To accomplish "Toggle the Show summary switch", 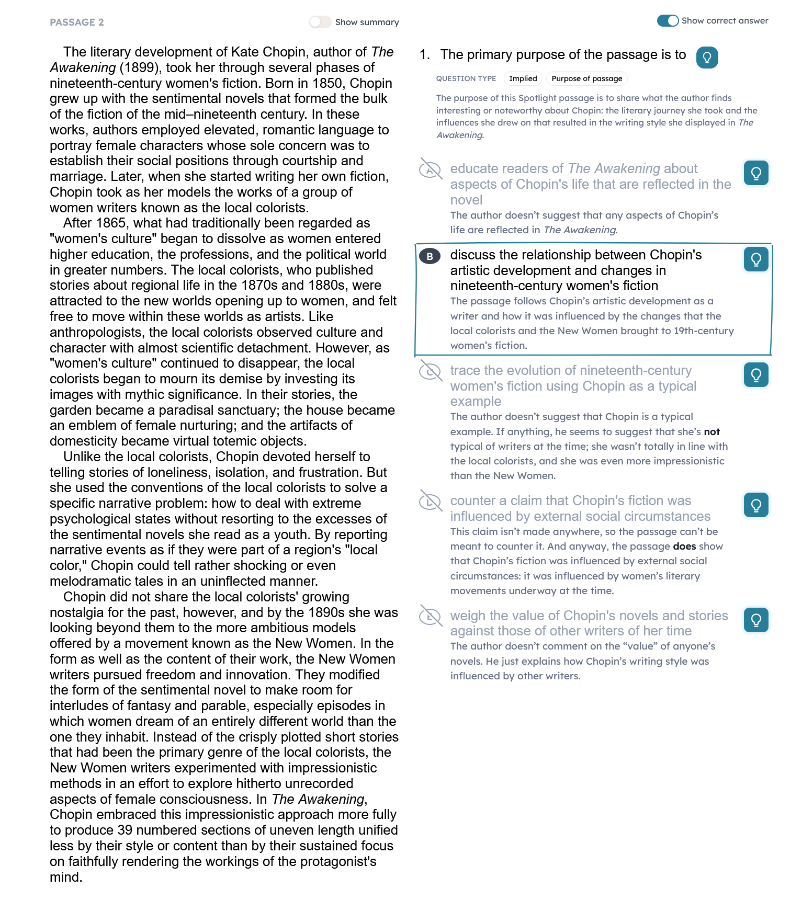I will coord(320,22).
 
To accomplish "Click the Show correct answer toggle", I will coord(668,20).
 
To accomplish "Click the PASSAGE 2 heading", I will coord(77,22).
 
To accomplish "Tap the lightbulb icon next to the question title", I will coord(707,57).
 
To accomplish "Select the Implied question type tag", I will coord(523,78).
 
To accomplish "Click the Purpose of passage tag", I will coord(586,78).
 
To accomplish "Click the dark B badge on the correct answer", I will coord(430,256).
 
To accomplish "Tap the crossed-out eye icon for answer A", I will coord(431,169).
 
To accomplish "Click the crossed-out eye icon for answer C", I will coord(431,371).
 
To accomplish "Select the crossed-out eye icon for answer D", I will coord(431,502).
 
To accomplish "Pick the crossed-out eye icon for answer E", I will coord(431,616).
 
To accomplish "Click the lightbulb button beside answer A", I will coord(756,173).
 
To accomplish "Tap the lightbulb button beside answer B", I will coord(756,259).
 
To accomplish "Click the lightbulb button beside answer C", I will coord(756,374).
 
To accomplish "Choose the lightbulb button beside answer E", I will coord(756,620).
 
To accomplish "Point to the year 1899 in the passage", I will coord(139,68).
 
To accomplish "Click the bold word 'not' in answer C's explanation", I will coord(711,432).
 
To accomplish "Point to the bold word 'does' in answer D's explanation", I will coord(684,546).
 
